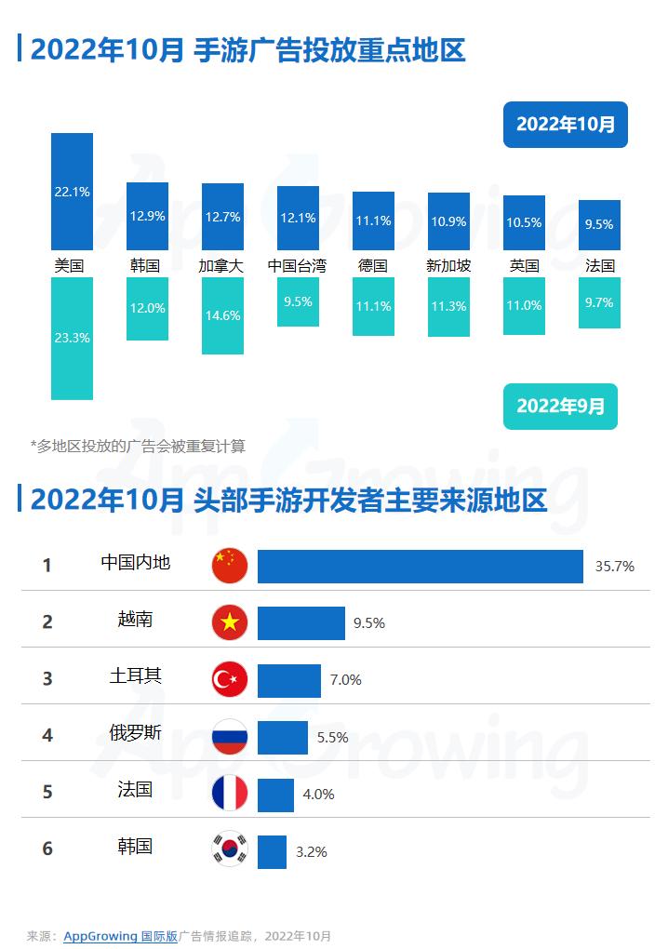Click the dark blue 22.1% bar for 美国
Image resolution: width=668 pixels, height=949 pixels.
tap(72, 191)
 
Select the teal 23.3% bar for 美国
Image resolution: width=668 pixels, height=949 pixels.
tap(72, 338)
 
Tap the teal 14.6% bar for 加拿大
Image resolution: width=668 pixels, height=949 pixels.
tap(222, 315)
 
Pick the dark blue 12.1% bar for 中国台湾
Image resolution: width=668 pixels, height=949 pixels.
tap(298, 218)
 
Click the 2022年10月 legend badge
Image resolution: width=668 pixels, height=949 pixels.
tap(566, 125)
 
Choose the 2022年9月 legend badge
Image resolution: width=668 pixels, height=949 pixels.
tap(560, 407)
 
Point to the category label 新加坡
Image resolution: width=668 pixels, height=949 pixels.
tap(448, 265)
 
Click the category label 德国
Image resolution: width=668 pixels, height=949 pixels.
tap(372, 265)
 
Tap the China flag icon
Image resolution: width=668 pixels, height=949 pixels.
tap(230, 565)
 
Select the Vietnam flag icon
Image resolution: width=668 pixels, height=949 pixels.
tap(230, 622)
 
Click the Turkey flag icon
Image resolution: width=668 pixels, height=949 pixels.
tap(230, 680)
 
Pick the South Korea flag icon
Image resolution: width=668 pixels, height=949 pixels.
tap(230, 849)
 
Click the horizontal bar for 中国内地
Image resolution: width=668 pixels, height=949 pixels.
tap(420, 566)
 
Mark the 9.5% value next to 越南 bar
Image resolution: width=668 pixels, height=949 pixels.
tap(369, 623)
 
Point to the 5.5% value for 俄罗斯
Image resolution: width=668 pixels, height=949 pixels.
tap(332, 738)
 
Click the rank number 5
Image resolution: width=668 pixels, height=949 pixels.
tap(47, 793)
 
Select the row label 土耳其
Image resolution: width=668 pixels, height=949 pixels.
tap(136, 676)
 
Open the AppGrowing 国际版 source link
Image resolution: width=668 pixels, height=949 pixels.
tap(120, 936)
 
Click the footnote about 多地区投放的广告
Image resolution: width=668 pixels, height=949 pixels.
tap(138, 446)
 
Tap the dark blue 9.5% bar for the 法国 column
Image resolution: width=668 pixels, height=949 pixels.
tap(599, 224)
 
